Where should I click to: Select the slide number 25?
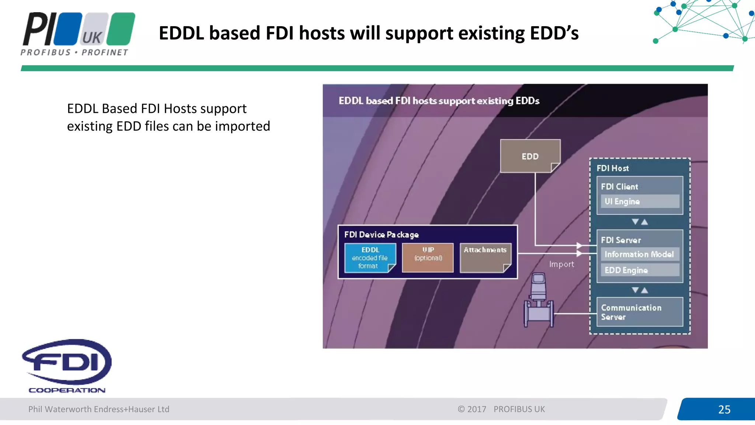[724, 409]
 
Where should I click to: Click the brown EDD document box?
[530, 156]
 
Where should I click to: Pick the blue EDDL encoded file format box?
[369, 258]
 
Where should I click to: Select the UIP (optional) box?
[428, 258]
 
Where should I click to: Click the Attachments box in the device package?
[485, 258]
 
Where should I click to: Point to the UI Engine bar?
[640, 201]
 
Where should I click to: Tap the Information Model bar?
[640, 254]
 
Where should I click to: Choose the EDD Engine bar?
[640, 270]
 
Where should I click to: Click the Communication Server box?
[640, 312]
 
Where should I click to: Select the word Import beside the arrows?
[561, 264]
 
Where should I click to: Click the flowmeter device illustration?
[539, 301]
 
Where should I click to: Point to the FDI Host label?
[613, 168]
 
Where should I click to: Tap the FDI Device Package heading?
[382, 235]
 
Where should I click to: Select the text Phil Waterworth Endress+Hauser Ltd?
[99, 409]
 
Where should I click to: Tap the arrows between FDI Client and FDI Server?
[640, 222]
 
